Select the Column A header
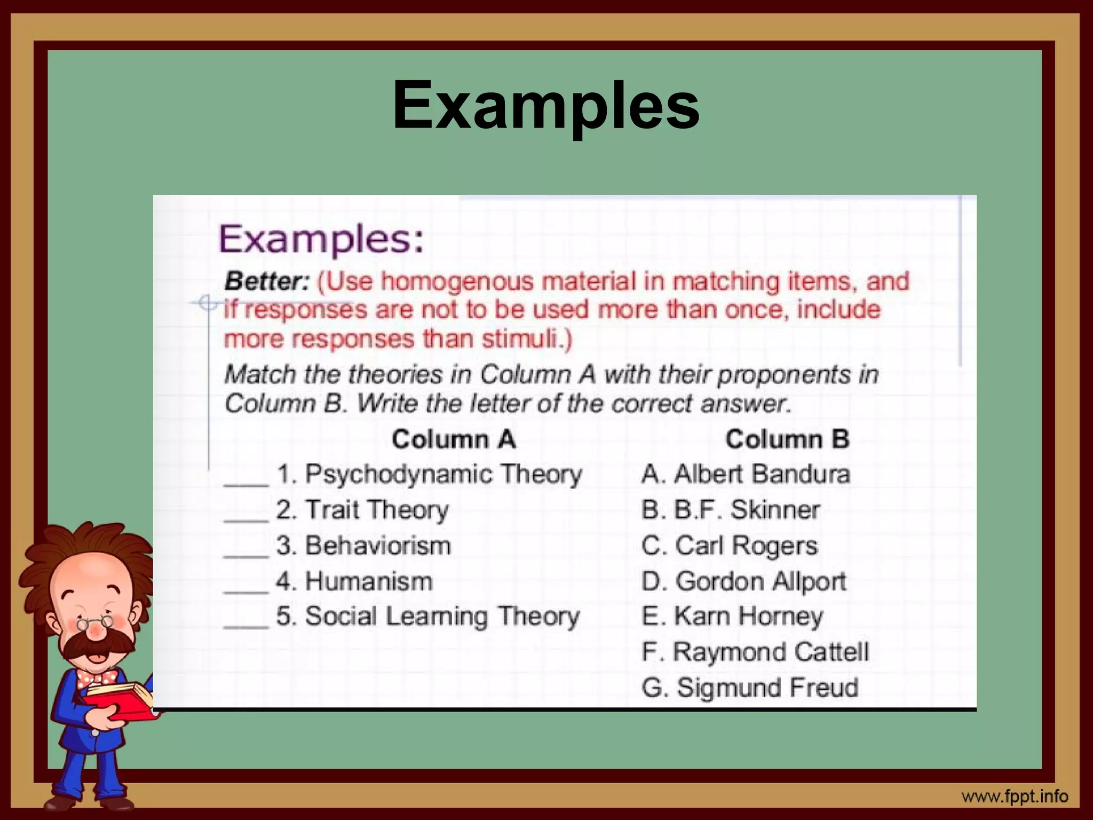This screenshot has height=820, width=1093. [454, 439]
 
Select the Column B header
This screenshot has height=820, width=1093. [787, 439]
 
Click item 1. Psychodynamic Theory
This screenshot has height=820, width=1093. [429, 474]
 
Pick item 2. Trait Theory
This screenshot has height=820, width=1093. [362, 510]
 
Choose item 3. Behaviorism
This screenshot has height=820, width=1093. [363, 546]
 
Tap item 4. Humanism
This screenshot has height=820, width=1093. [354, 581]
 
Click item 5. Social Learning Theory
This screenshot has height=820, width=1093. [427, 617]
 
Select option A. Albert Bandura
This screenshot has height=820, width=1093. [746, 474]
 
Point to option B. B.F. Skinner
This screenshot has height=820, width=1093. [731, 510]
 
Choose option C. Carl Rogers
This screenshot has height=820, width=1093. [730, 546]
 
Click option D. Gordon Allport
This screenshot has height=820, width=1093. [744, 581]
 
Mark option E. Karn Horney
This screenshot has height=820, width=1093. [732, 617]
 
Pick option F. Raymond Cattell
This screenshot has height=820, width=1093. [755, 652]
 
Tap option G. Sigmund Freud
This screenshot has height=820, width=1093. [750, 688]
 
